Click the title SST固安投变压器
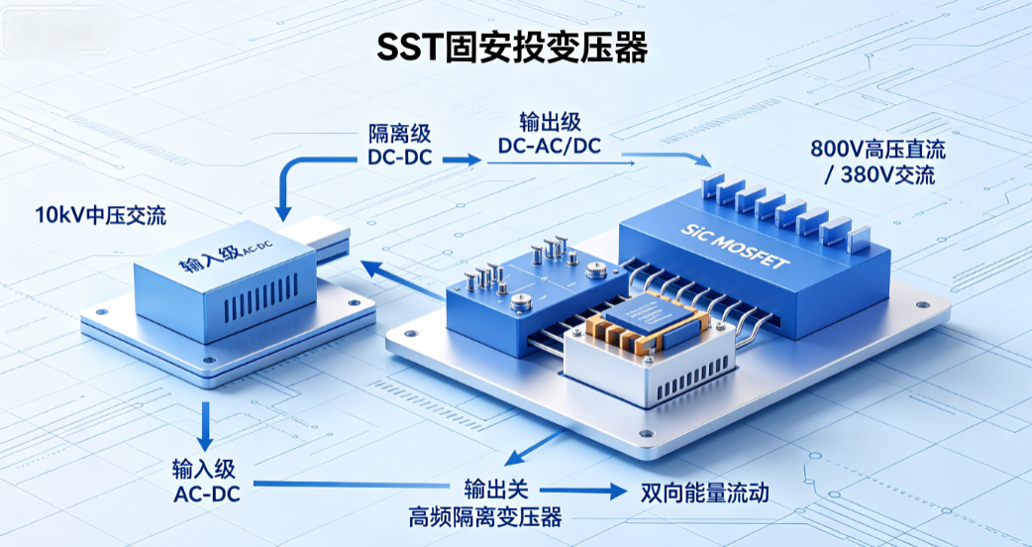[512, 47]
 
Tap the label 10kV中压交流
[101, 215]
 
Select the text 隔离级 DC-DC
[399, 146]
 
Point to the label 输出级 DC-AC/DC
[550, 136]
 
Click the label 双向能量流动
[704, 493]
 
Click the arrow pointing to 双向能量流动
[581, 491]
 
